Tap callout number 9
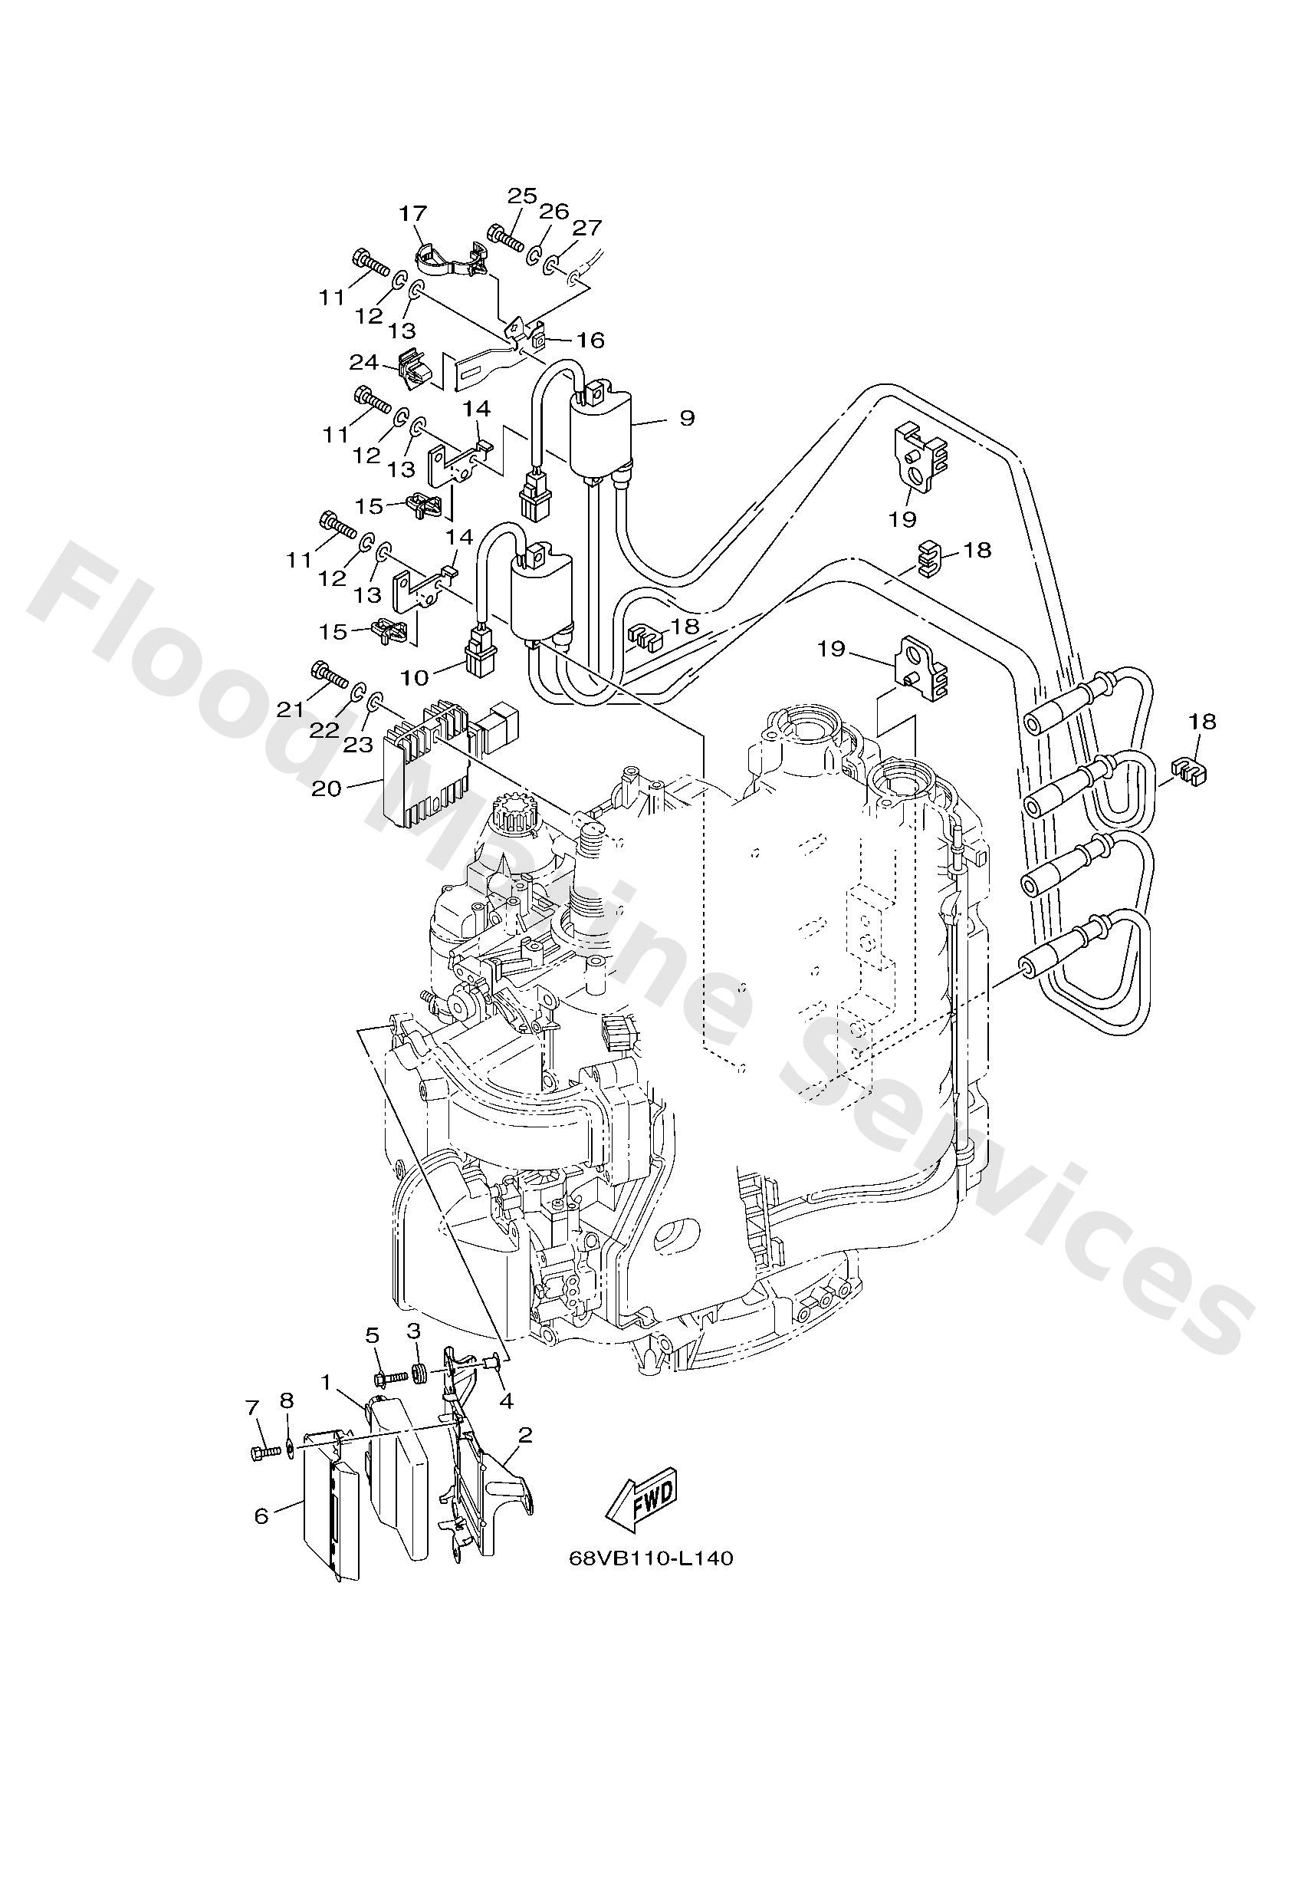(x=686, y=418)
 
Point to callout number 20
(x=327, y=789)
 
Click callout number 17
(x=413, y=214)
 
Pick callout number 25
(x=521, y=196)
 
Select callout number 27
(x=586, y=228)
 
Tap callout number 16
(x=590, y=340)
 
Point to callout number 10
(x=415, y=677)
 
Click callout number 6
(x=261, y=1515)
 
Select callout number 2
(x=525, y=1435)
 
